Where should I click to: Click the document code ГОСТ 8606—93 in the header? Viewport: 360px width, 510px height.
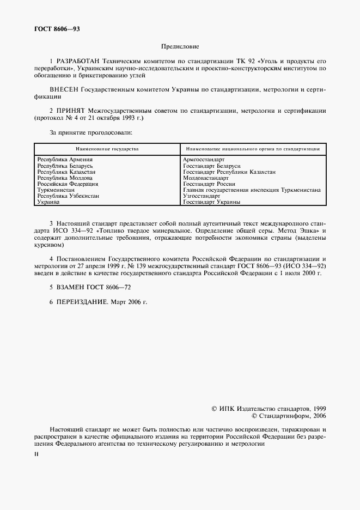point(57,29)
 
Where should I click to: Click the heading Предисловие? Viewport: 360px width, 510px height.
point(179,47)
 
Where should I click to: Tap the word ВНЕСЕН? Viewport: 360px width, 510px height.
point(64,88)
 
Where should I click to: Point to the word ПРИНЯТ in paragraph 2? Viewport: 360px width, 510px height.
point(74,111)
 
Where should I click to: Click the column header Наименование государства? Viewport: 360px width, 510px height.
point(107,148)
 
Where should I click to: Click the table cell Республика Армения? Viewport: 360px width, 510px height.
point(64,159)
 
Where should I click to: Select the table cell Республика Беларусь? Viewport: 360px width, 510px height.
point(65,165)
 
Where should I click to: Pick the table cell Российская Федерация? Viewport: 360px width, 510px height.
point(67,184)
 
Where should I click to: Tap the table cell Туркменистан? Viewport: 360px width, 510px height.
point(57,190)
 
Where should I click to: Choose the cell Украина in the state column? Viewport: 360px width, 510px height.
point(48,202)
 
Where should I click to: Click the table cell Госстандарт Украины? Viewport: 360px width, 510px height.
point(212,202)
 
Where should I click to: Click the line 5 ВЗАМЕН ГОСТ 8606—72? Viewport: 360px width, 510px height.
point(90,287)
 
